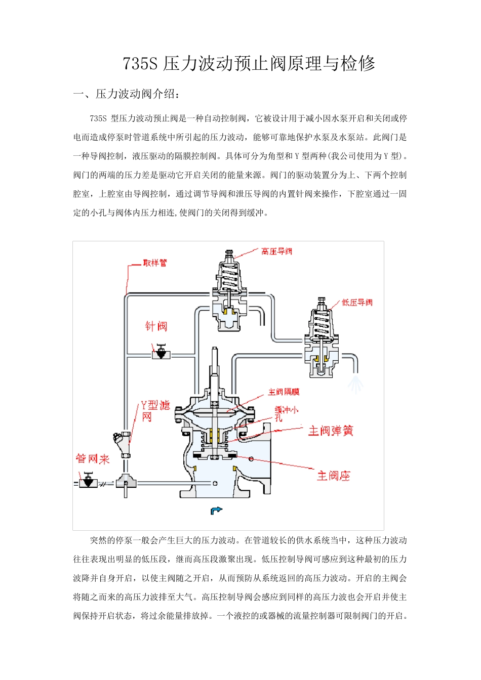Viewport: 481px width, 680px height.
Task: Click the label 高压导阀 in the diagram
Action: pyautogui.click(x=276, y=251)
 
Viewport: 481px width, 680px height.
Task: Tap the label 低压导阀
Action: pyautogui.click(x=357, y=303)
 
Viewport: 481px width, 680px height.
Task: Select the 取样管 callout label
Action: pyautogui.click(x=154, y=263)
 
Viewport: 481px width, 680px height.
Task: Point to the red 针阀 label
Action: pyautogui.click(x=156, y=326)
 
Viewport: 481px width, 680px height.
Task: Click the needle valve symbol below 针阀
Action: pyautogui.click(x=161, y=353)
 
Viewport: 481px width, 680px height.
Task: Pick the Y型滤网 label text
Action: pyautogui.click(x=154, y=410)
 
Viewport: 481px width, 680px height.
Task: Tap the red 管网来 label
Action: pyautogui.click(x=93, y=459)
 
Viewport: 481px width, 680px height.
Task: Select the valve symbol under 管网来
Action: pyautogui.click(x=89, y=481)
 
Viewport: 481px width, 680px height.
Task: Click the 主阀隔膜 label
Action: pyautogui.click(x=284, y=392)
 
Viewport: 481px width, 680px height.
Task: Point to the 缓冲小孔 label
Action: pyautogui.click(x=286, y=413)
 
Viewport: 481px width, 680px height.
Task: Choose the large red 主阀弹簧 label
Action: pyautogui.click(x=331, y=431)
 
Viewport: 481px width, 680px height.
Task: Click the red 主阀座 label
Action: pyautogui.click(x=333, y=476)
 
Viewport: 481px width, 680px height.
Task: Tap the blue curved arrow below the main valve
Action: pyautogui.click(x=216, y=511)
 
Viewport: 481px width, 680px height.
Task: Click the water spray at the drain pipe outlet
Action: pyautogui.click(x=355, y=384)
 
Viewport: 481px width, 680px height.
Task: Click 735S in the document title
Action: pyautogui.click(x=141, y=64)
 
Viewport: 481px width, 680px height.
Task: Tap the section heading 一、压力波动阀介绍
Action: pyautogui.click(x=127, y=94)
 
